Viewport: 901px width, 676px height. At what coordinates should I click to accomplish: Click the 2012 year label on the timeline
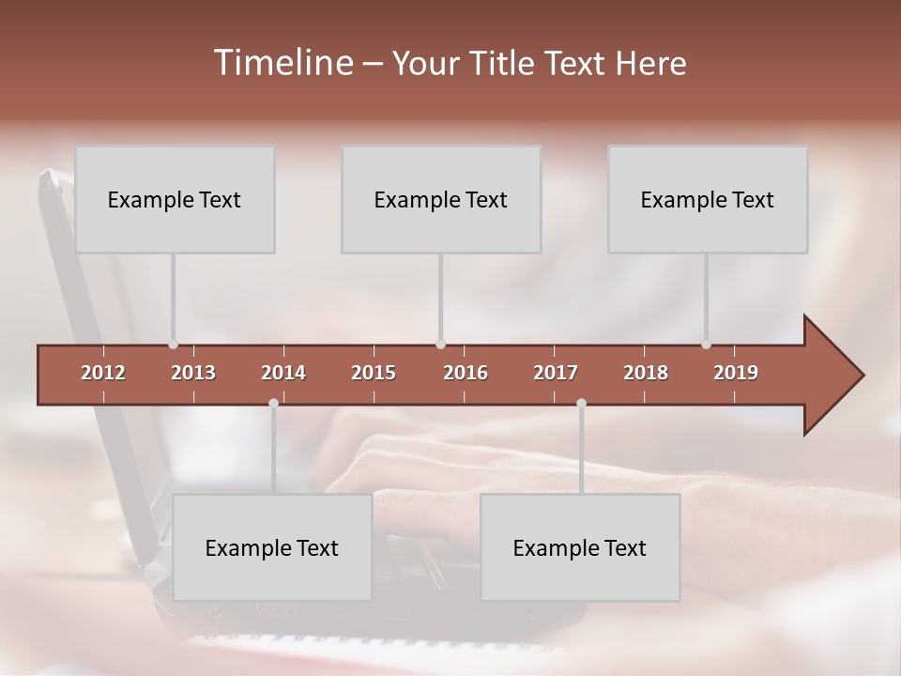tap(103, 373)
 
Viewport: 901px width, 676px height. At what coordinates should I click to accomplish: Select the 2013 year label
tap(193, 373)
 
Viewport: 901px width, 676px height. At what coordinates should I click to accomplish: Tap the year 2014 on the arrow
tap(283, 373)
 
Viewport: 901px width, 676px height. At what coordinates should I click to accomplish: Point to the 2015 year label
tap(374, 373)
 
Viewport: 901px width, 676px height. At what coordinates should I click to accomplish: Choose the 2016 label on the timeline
tap(466, 373)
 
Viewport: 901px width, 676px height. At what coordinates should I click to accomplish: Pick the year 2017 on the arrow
tap(556, 373)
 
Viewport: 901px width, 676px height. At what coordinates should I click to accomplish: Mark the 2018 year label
tap(646, 373)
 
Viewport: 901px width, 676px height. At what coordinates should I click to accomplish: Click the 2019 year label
tap(736, 373)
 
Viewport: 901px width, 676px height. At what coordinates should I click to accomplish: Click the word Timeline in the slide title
tap(282, 63)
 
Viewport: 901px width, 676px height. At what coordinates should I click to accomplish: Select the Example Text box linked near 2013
tap(175, 199)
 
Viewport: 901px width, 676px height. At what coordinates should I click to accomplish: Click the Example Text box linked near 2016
tap(441, 199)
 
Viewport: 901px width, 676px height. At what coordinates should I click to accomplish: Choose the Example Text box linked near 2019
tap(708, 199)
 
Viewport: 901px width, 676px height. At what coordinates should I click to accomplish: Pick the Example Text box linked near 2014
tap(272, 547)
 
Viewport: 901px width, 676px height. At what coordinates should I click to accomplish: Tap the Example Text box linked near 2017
tap(580, 547)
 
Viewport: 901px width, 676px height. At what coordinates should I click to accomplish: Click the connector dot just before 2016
tap(441, 345)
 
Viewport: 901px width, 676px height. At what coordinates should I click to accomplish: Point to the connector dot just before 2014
tap(273, 403)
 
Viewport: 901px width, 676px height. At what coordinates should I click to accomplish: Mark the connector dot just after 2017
tap(581, 403)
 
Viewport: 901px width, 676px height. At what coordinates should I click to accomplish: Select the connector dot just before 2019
tap(707, 345)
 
